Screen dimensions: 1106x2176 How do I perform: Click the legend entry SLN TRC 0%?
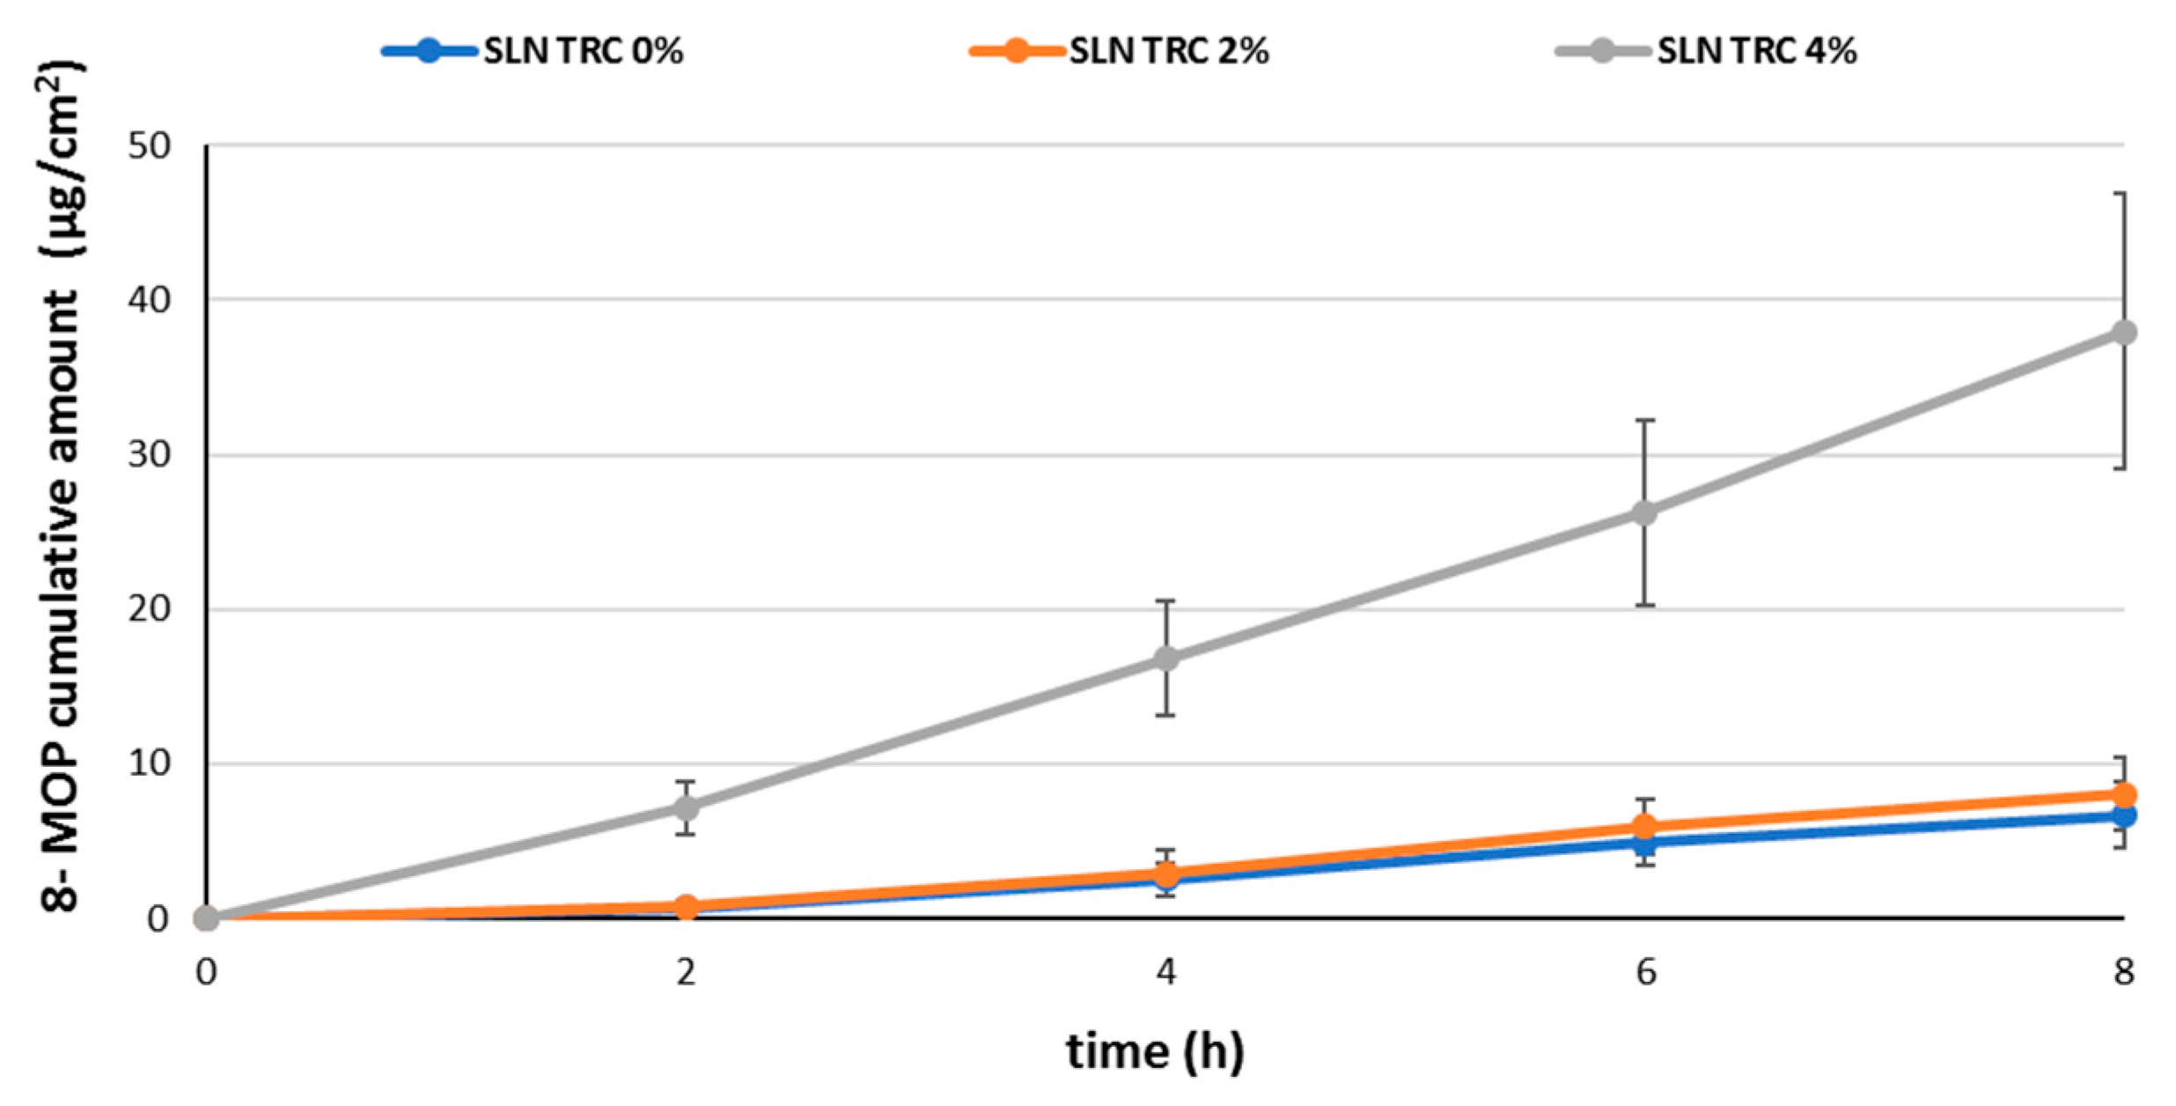pyautogui.click(x=533, y=50)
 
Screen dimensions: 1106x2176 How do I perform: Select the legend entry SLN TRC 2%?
pyautogui.click(x=1120, y=50)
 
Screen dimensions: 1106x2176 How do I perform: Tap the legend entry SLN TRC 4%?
pyautogui.click(x=1707, y=50)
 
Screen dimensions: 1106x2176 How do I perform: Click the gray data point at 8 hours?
pyautogui.click(x=2123, y=333)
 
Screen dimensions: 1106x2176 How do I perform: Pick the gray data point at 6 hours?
pyautogui.click(x=1644, y=512)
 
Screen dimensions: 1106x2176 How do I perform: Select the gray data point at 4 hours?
pyautogui.click(x=1166, y=659)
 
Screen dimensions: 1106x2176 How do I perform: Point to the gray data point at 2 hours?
pyautogui.click(x=687, y=807)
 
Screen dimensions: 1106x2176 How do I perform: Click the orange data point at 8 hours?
pyautogui.click(x=2123, y=794)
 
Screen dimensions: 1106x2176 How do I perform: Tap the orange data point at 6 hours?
pyautogui.click(x=1644, y=827)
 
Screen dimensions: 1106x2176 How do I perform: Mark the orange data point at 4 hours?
pyautogui.click(x=1166, y=874)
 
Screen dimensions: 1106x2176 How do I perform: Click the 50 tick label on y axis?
pyautogui.click(x=149, y=145)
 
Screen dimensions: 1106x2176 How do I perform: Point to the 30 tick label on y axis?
pyautogui.click(x=149, y=455)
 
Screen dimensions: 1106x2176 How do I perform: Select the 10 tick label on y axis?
pyautogui.click(x=149, y=763)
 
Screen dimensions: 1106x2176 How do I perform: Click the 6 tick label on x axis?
pyautogui.click(x=1645, y=972)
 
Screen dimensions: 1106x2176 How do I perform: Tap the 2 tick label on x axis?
pyautogui.click(x=687, y=972)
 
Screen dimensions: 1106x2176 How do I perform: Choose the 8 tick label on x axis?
pyautogui.click(x=2123, y=972)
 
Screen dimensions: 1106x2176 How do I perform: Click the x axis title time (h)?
pyautogui.click(x=1156, y=1051)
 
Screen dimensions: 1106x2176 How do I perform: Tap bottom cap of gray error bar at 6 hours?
pyautogui.click(x=1644, y=606)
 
